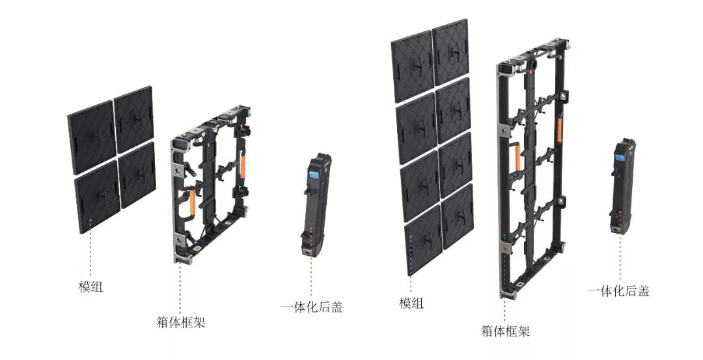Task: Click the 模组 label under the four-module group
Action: pos(91,286)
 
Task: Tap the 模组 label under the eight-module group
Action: pos(411,303)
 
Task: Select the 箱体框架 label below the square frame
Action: pos(181,322)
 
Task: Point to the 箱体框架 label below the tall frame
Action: pos(505,331)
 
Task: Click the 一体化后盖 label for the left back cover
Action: pos(312,307)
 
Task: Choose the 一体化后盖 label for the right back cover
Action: pos(619,292)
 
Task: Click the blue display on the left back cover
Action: pos(313,175)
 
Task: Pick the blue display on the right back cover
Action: pos(621,158)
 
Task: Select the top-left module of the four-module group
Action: pos(92,137)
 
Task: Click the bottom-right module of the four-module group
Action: pos(137,175)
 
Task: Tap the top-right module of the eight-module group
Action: pos(450,52)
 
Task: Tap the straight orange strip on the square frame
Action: pos(243,166)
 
